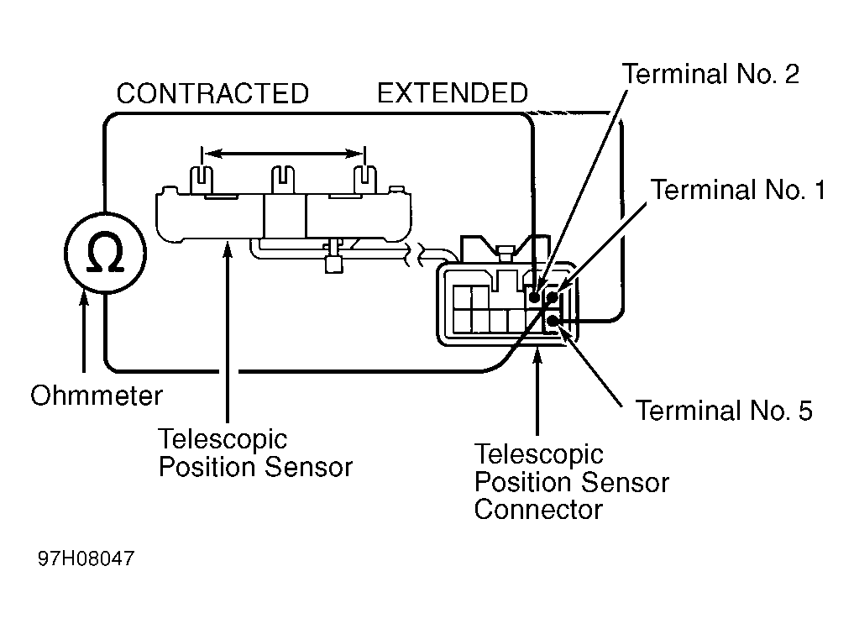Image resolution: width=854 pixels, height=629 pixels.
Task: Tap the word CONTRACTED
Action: coord(212,93)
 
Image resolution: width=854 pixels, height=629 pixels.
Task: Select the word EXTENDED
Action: coord(453,93)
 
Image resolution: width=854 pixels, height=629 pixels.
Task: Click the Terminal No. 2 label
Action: coord(710,74)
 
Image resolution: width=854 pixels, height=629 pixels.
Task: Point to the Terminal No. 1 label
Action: coord(738,190)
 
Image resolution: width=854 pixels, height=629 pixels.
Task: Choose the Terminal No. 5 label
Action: coord(724,411)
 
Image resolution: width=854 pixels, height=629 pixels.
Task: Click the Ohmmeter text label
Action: coord(97,396)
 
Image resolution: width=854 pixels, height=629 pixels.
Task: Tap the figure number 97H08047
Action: coord(86,558)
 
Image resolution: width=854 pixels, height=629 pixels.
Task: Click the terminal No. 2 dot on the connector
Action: coord(534,297)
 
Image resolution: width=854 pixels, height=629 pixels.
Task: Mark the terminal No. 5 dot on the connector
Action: coord(553,321)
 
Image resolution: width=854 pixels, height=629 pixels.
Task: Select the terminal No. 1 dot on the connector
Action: coord(553,297)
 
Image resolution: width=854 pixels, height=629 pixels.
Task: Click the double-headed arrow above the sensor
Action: coord(283,155)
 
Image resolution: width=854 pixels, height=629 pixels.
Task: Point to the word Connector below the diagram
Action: coord(538,510)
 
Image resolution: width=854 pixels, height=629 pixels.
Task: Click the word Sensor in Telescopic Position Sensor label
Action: coord(309,467)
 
